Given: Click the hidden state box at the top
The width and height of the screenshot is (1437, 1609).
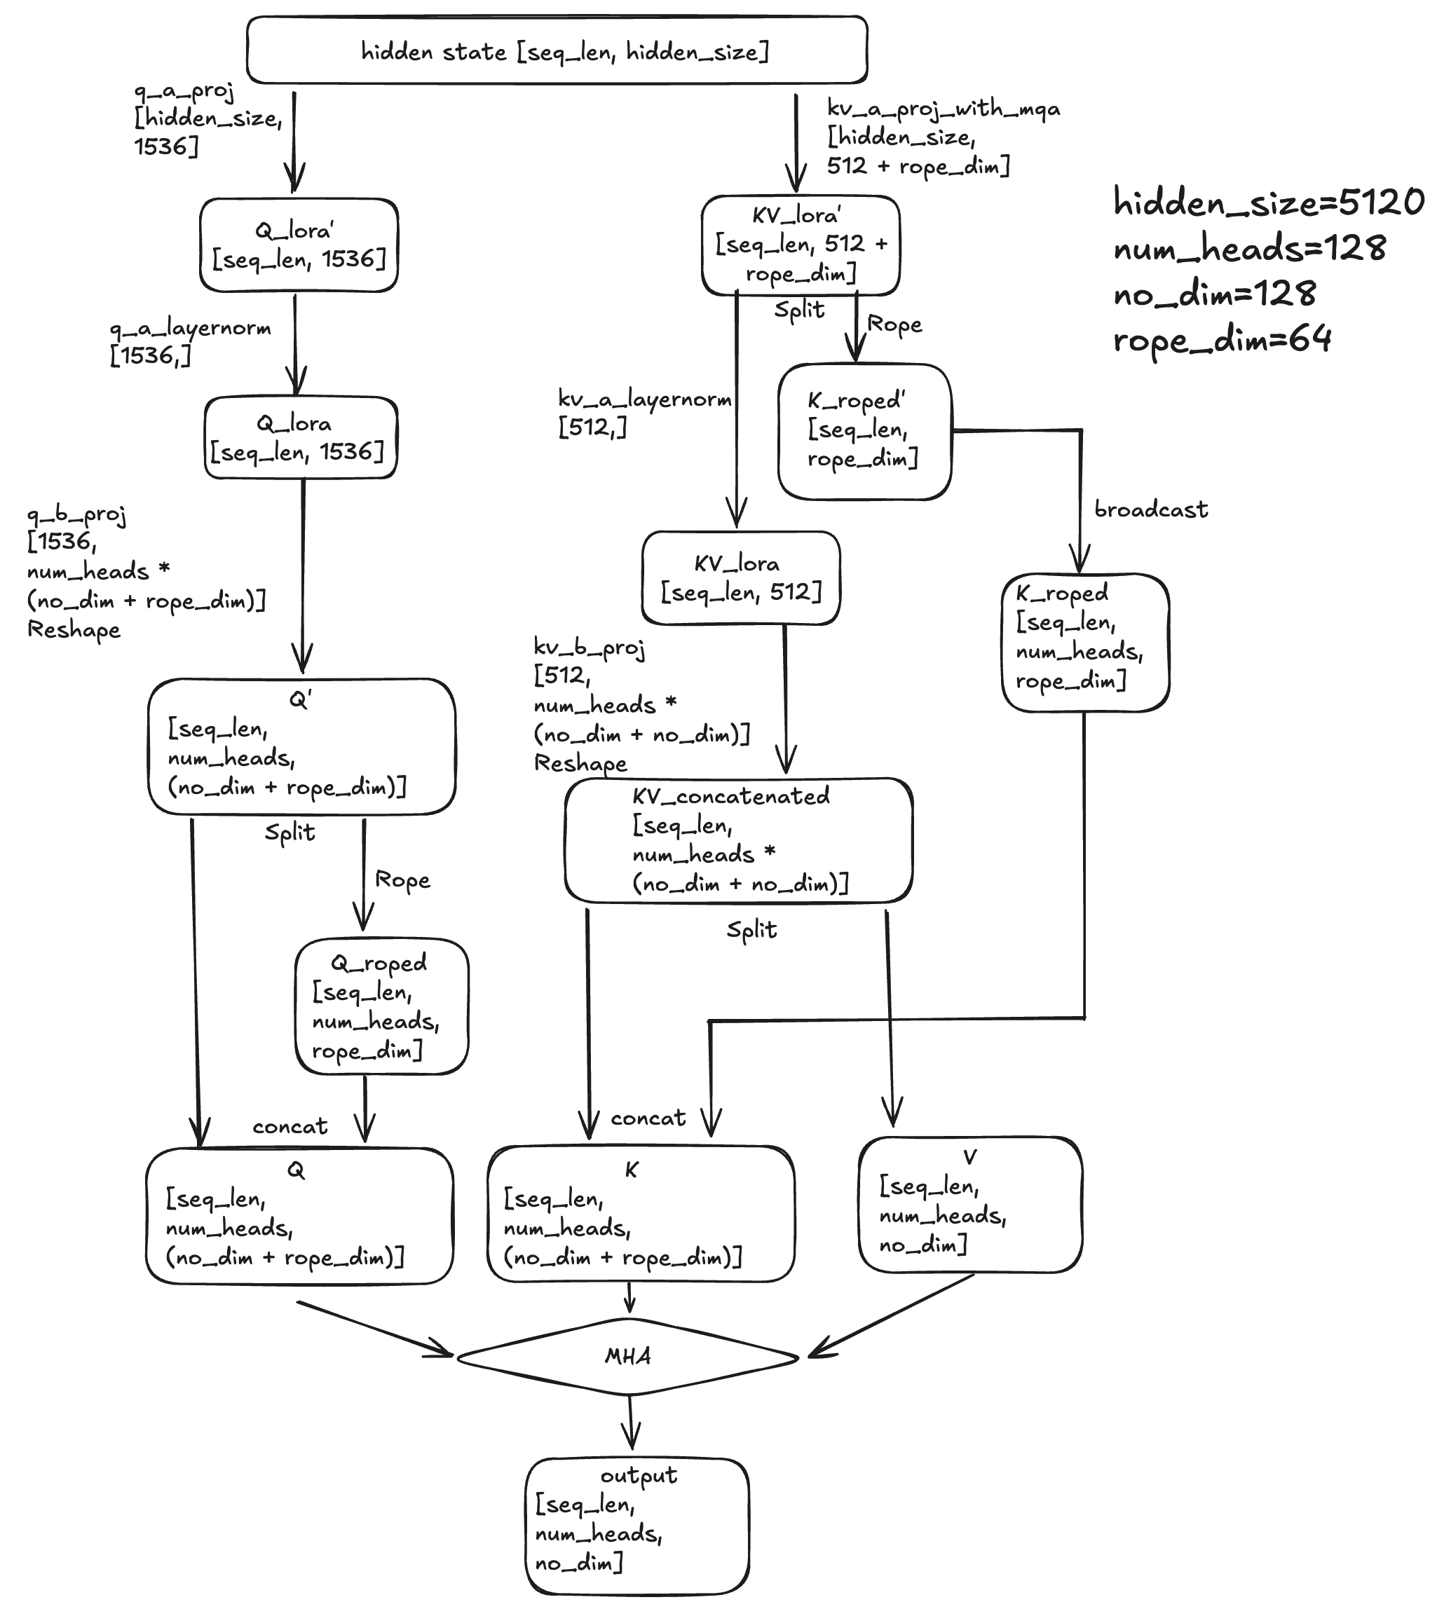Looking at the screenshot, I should [x=557, y=50].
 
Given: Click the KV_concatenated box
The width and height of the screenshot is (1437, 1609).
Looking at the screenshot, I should [x=738, y=840].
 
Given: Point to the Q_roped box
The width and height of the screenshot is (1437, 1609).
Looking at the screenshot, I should [x=381, y=1006].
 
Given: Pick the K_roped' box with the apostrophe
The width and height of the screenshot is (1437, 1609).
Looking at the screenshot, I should [x=864, y=430].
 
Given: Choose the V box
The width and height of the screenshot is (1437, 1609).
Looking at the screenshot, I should [x=969, y=1203].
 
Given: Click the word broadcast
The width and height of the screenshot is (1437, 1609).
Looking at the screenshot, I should [x=1150, y=510].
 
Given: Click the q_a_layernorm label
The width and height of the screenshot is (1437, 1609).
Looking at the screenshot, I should [x=190, y=329].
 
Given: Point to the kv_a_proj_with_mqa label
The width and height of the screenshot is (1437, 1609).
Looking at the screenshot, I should [x=943, y=109].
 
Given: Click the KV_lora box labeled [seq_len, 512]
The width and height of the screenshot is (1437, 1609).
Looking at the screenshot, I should [x=741, y=578].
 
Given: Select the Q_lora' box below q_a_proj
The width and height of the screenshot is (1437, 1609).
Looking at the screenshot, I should [x=299, y=245].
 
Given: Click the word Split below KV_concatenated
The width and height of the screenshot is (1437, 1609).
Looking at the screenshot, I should [x=751, y=930].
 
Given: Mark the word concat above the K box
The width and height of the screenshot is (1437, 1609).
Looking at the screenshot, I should [x=648, y=1118].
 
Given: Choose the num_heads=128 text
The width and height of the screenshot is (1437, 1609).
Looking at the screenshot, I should [x=1249, y=249].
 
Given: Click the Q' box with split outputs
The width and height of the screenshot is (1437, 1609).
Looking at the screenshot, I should [x=301, y=746].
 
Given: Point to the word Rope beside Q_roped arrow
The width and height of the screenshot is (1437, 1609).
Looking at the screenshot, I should [x=402, y=879].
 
